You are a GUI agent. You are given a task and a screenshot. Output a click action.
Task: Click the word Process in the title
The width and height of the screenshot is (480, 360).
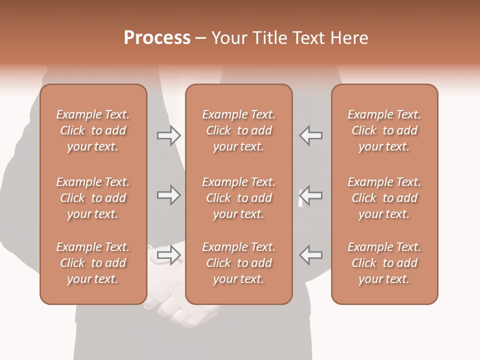point(157,38)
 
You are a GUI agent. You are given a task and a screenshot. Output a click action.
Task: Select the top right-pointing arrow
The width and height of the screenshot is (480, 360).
point(168,135)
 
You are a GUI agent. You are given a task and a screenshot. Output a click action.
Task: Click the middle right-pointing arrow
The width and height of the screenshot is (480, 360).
point(168,195)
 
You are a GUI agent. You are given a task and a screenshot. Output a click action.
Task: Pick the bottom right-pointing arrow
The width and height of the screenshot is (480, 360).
point(168,255)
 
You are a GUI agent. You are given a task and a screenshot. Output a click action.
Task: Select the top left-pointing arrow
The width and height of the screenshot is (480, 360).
point(310,135)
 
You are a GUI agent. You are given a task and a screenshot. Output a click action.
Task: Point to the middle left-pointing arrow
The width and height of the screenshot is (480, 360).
point(310,195)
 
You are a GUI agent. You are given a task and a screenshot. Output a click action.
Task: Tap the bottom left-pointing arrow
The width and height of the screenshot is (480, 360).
point(310,255)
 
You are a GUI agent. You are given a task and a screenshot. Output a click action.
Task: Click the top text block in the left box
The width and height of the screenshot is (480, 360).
point(93,130)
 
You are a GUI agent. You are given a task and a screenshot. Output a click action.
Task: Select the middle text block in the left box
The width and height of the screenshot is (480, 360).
point(93,198)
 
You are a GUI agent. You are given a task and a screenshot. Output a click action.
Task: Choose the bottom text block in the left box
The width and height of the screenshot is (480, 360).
point(93,263)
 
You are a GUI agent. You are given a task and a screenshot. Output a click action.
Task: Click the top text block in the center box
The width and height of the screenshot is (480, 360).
point(239,130)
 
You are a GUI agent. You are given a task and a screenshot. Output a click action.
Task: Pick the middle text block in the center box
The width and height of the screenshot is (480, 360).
point(239,198)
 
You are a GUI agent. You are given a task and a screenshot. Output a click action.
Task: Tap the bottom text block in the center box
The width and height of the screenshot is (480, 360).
point(239,263)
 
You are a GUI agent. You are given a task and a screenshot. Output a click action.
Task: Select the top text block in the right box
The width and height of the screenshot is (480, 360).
point(384,130)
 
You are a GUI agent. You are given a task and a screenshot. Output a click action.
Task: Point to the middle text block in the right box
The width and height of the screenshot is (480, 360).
point(384,198)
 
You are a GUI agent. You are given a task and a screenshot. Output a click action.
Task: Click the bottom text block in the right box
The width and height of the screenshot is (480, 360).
point(384,263)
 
